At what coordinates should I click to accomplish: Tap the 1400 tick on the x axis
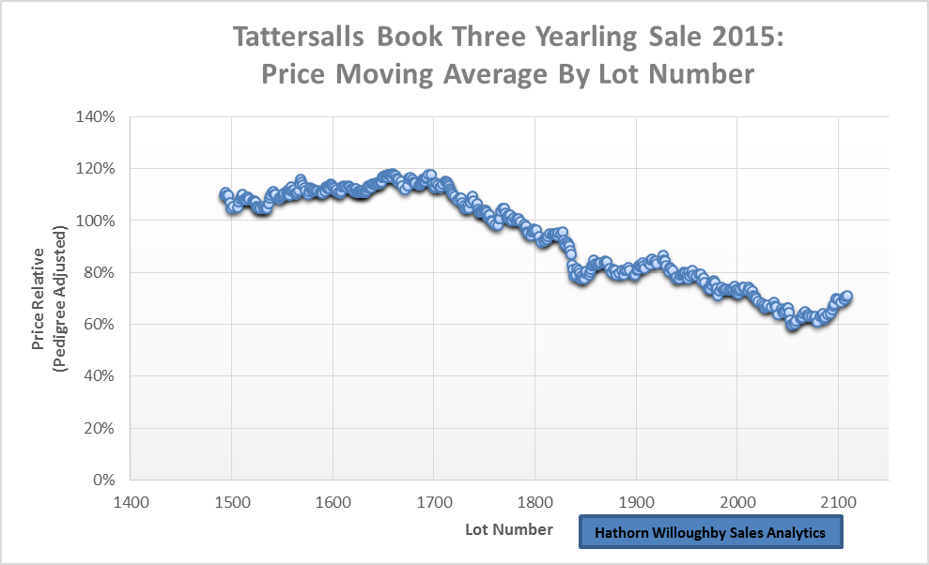pos(130,501)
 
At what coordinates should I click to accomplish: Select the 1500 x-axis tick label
pos(231,501)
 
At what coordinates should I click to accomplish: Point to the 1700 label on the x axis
pos(433,501)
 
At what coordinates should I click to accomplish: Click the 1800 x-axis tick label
pos(534,501)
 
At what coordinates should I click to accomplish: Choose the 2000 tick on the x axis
pos(737,501)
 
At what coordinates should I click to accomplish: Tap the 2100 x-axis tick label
pos(838,501)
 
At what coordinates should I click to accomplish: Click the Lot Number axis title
pos(509,530)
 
